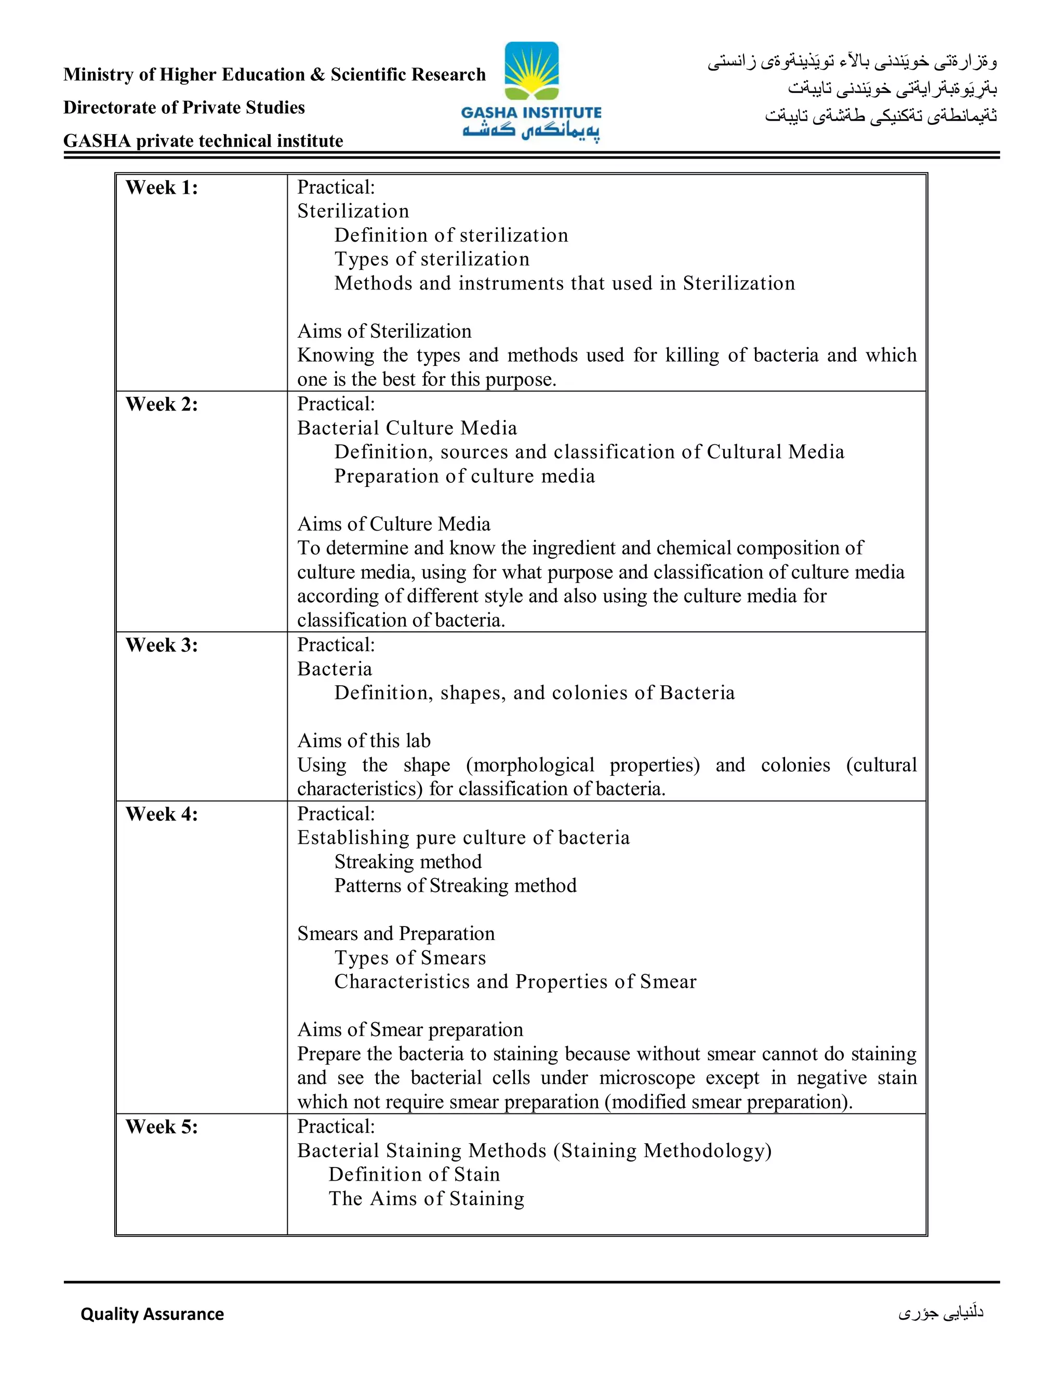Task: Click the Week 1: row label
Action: pyautogui.click(x=162, y=188)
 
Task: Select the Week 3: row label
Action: pyautogui.click(x=162, y=645)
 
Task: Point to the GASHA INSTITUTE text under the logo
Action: pyautogui.click(x=531, y=113)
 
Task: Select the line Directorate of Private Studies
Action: pyautogui.click(x=184, y=108)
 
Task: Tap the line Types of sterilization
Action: pyautogui.click(x=432, y=259)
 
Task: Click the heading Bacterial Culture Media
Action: pyautogui.click(x=407, y=428)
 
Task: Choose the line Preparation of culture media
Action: pyautogui.click(x=464, y=476)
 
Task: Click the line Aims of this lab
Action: pyautogui.click(x=364, y=741)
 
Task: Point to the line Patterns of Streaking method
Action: pyautogui.click(x=455, y=886)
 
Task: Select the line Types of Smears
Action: pyautogui.click(x=410, y=958)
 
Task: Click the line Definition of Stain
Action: pyautogui.click(x=414, y=1175)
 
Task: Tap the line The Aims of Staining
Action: pyautogui.click(x=426, y=1199)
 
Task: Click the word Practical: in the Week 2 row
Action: pyautogui.click(x=336, y=404)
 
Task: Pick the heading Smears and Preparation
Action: pyautogui.click(x=396, y=934)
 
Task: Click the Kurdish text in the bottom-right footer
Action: pyautogui.click(x=941, y=1313)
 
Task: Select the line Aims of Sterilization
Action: pyautogui.click(x=384, y=332)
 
